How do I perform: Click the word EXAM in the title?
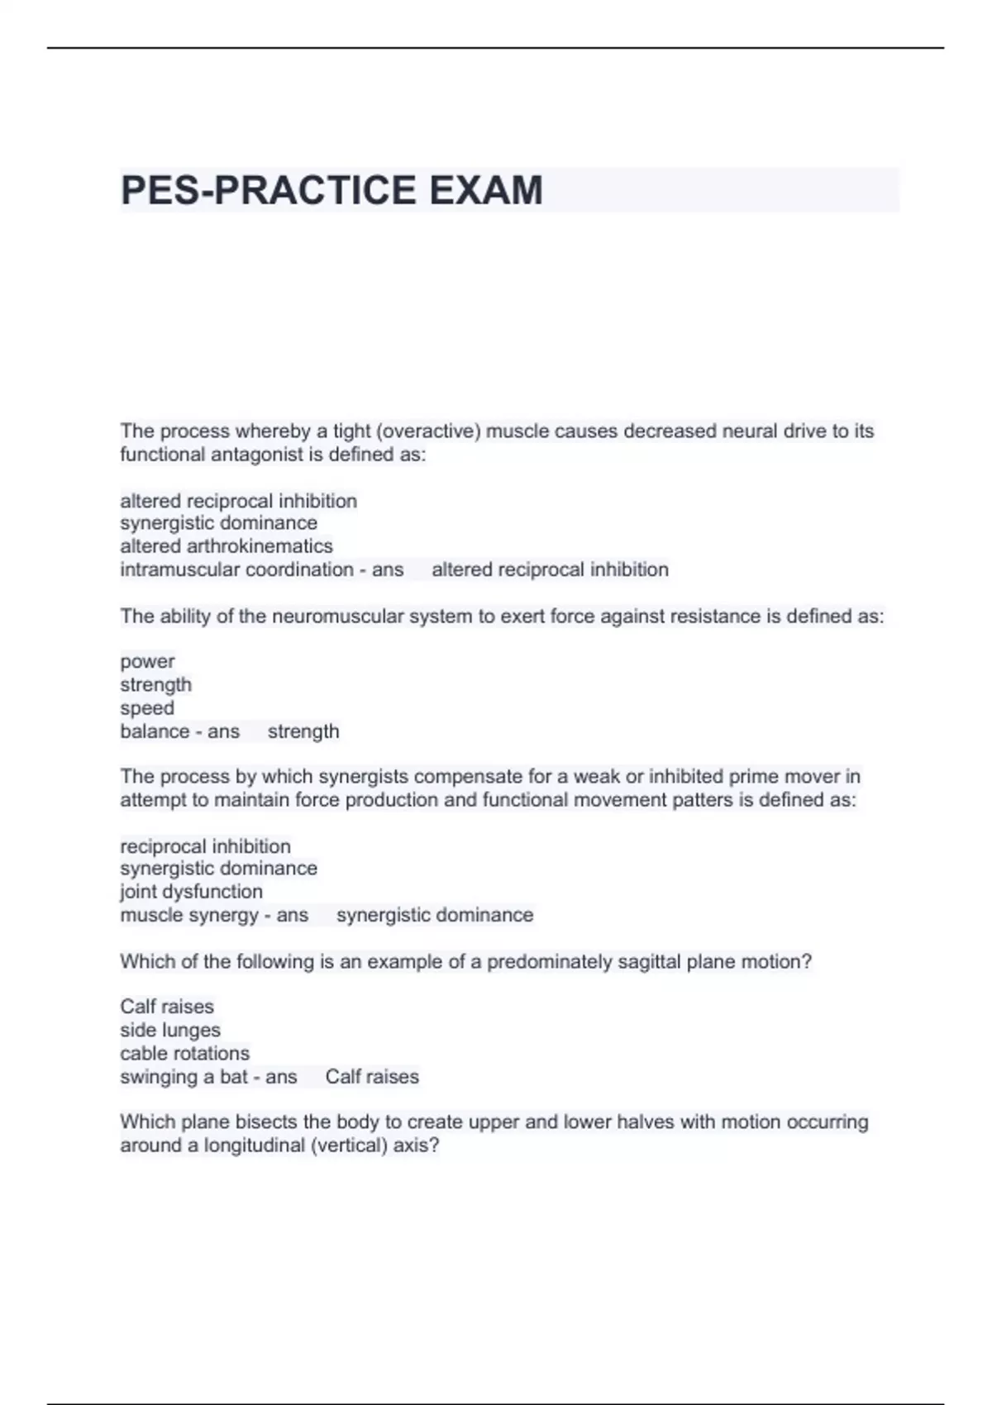point(485,190)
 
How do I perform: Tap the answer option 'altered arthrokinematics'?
point(226,546)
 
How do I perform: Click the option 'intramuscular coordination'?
point(236,569)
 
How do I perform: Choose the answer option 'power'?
point(147,661)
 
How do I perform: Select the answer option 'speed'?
point(147,708)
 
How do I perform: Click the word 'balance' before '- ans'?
point(155,731)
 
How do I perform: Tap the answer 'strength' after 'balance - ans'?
point(303,731)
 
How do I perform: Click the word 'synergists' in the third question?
point(363,776)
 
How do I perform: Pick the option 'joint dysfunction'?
point(191,892)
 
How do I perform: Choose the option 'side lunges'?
point(170,1030)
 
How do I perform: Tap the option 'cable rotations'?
point(184,1053)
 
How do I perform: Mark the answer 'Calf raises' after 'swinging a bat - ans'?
point(372,1077)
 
